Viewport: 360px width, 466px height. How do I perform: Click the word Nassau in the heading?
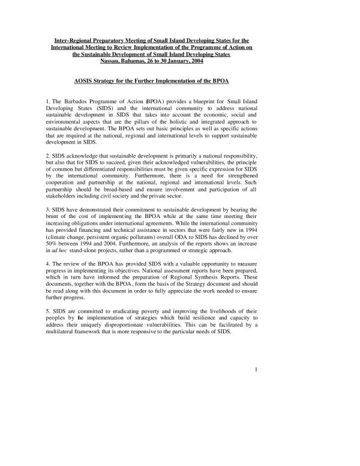coord(128,61)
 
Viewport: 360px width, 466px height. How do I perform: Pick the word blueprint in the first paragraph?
coord(203,103)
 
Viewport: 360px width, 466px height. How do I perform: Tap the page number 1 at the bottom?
coord(256,369)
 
